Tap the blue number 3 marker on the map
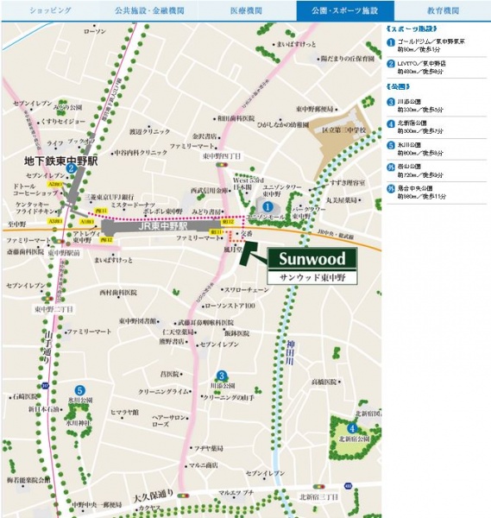pos(222,375)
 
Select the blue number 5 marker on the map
pos(79,389)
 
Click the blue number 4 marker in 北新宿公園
pos(352,429)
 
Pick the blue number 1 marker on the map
pos(268,207)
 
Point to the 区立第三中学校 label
pos(355,129)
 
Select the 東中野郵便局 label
pos(313,108)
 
